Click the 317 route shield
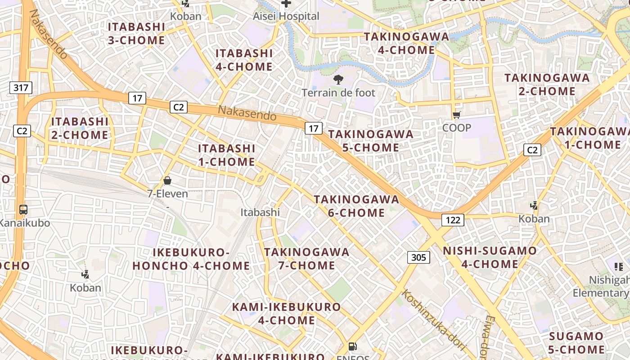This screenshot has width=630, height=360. tap(21, 87)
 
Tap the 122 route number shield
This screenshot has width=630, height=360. tap(453, 220)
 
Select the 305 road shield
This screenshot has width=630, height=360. tap(418, 257)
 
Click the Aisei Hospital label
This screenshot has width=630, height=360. tap(286, 16)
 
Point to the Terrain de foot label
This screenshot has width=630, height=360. tap(338, 93)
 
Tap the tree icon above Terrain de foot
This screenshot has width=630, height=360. tap(338, 80)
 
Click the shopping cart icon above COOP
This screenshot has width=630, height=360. tap(456, 115)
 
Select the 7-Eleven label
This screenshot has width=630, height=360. tap(167, 193)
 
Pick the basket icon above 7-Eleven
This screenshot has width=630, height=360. tap(167, 181)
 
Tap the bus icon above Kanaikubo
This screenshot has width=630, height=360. tap(23, 210)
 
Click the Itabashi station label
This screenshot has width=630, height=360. tap(260, 212)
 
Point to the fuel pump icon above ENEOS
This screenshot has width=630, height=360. tap(353, 347)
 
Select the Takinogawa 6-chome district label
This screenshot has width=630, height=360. tap(356, 206)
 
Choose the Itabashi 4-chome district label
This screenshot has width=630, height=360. tap(244, 60)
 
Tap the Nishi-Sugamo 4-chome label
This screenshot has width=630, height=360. tap(490, 257)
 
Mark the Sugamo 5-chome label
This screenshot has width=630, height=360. tap(576, 342)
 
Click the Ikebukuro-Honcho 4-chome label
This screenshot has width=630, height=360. tap(191, 259)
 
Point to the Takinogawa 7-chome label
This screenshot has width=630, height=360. tap(306, 258)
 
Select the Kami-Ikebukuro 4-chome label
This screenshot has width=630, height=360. tap(286, 314)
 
